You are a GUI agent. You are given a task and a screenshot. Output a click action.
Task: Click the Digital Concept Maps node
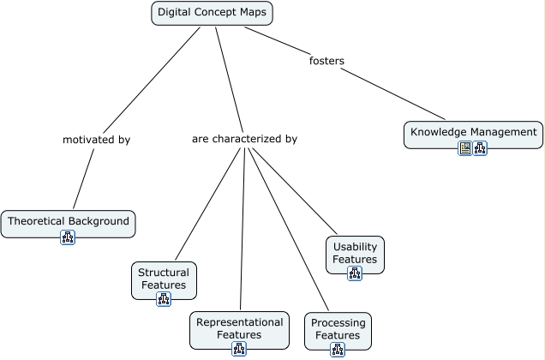click(x=212, y=13)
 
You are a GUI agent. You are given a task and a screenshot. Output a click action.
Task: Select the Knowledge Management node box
click(x=473, y=132)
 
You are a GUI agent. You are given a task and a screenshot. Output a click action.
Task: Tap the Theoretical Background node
click(x=68, y=221)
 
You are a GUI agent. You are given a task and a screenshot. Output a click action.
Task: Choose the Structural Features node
click(x=163, y=278)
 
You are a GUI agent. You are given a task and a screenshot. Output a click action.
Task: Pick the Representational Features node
click(x=239, y=327)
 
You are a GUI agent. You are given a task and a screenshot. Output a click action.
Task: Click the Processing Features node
click(x=338, y=328)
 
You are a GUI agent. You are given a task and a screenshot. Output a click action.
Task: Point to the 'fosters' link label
click(x=326, y=61)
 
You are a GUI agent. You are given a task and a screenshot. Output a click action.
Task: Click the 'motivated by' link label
click(x=96, y=139)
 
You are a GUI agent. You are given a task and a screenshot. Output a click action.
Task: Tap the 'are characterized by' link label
click(x=244, y=139)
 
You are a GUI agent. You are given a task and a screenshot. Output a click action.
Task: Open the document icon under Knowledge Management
click(x=465, y=148)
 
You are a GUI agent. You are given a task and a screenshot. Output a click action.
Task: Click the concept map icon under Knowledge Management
click(x=480, y=148)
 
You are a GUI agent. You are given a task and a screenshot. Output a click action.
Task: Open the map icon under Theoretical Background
click(x=68, y=237)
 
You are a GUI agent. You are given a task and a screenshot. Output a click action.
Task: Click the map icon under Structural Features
click(x=164, y=299)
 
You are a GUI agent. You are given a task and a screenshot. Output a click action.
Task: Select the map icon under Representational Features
click(x=239, y=349)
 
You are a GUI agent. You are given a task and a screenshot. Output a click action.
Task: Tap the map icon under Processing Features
click(x=338, y=350)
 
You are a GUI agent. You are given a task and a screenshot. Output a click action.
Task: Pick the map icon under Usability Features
click(x=355, y=273)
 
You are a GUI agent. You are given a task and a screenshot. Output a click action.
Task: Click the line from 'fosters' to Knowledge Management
click(x=394, y=93)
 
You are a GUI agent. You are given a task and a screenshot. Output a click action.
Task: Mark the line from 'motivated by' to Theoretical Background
click(x=83, y=177)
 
